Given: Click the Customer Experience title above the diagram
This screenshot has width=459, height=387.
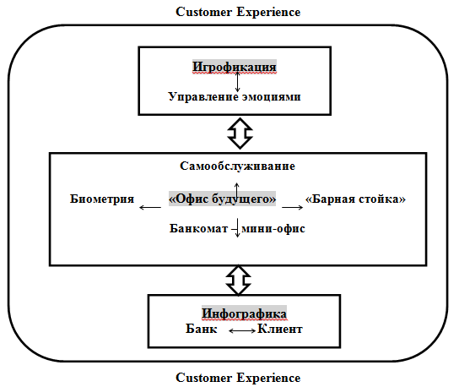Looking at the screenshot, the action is (238, 12).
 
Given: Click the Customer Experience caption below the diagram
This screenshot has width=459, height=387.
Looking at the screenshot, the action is (238, 378).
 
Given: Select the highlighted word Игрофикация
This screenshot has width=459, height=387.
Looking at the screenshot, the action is (235, 67).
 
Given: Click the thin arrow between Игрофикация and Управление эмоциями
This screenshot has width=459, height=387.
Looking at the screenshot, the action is (237, 82).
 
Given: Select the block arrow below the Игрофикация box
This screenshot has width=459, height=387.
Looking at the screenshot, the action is (240, 134).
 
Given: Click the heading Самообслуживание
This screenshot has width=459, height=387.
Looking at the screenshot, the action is (237, 166).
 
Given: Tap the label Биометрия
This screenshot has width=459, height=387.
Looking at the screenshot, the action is (102, 199).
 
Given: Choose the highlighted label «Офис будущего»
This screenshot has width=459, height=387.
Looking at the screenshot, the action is (222, 199).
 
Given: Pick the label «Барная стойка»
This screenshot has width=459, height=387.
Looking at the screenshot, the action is (355, 199).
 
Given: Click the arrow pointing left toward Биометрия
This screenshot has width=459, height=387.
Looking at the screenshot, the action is (150, 207).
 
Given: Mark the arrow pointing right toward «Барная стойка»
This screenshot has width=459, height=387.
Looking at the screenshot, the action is (293, 207).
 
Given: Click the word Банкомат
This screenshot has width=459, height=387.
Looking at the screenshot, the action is (199, 228).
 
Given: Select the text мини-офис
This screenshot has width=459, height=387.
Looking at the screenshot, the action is (273, 228).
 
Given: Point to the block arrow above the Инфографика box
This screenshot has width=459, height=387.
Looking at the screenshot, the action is (238, 281).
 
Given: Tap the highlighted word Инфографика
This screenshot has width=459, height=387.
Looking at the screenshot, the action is (244, 313).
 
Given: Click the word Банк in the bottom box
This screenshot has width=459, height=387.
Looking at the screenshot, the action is (202, 329).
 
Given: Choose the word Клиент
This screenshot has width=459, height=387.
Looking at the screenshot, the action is (280, 329).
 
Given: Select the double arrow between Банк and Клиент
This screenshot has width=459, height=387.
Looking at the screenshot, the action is (242, 331).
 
